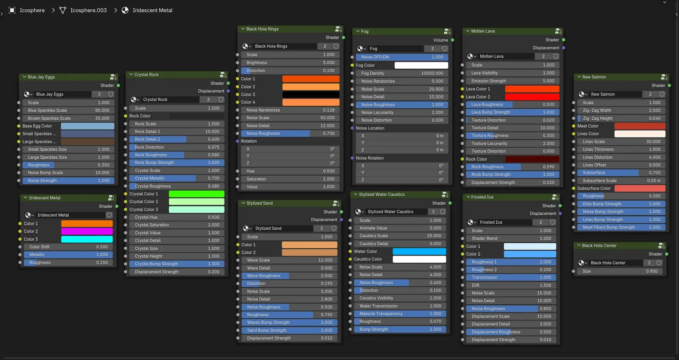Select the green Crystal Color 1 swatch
click(196, 194)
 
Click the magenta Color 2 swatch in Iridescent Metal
click(87, 231)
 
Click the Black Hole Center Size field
click(620, 271)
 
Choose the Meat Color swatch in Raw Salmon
click(640, 126)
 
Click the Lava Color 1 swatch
click(532, 89)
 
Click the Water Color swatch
click(419, 251)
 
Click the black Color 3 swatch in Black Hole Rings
click(311, 95)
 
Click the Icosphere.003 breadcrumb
click(88, 10)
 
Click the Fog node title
click(365, 31)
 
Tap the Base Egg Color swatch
click(87, 126)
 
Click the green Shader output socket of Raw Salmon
click(669, 86)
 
